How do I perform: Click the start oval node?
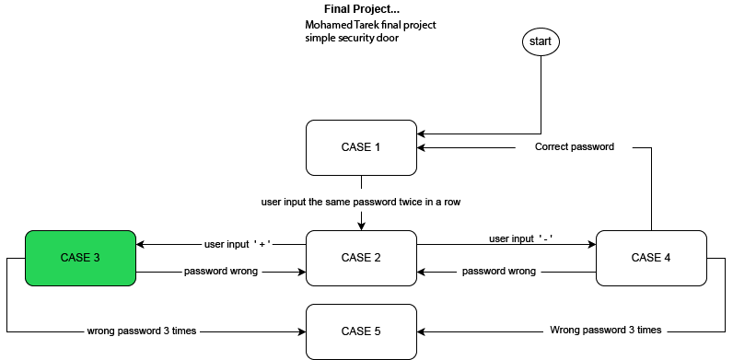coord(540,41)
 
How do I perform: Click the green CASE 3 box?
coord(80,258)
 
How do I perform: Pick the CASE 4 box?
coord(651,258)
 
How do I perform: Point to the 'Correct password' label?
coord(574,146)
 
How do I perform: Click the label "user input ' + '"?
coord(238,245)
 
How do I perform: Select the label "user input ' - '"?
coord(521,239)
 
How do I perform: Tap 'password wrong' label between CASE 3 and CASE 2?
coord(221,272)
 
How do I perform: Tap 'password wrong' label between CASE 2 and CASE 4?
coord(498,272)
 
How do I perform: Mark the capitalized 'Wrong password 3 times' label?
coord(605,330)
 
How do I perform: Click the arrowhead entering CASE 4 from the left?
coord(592,245)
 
